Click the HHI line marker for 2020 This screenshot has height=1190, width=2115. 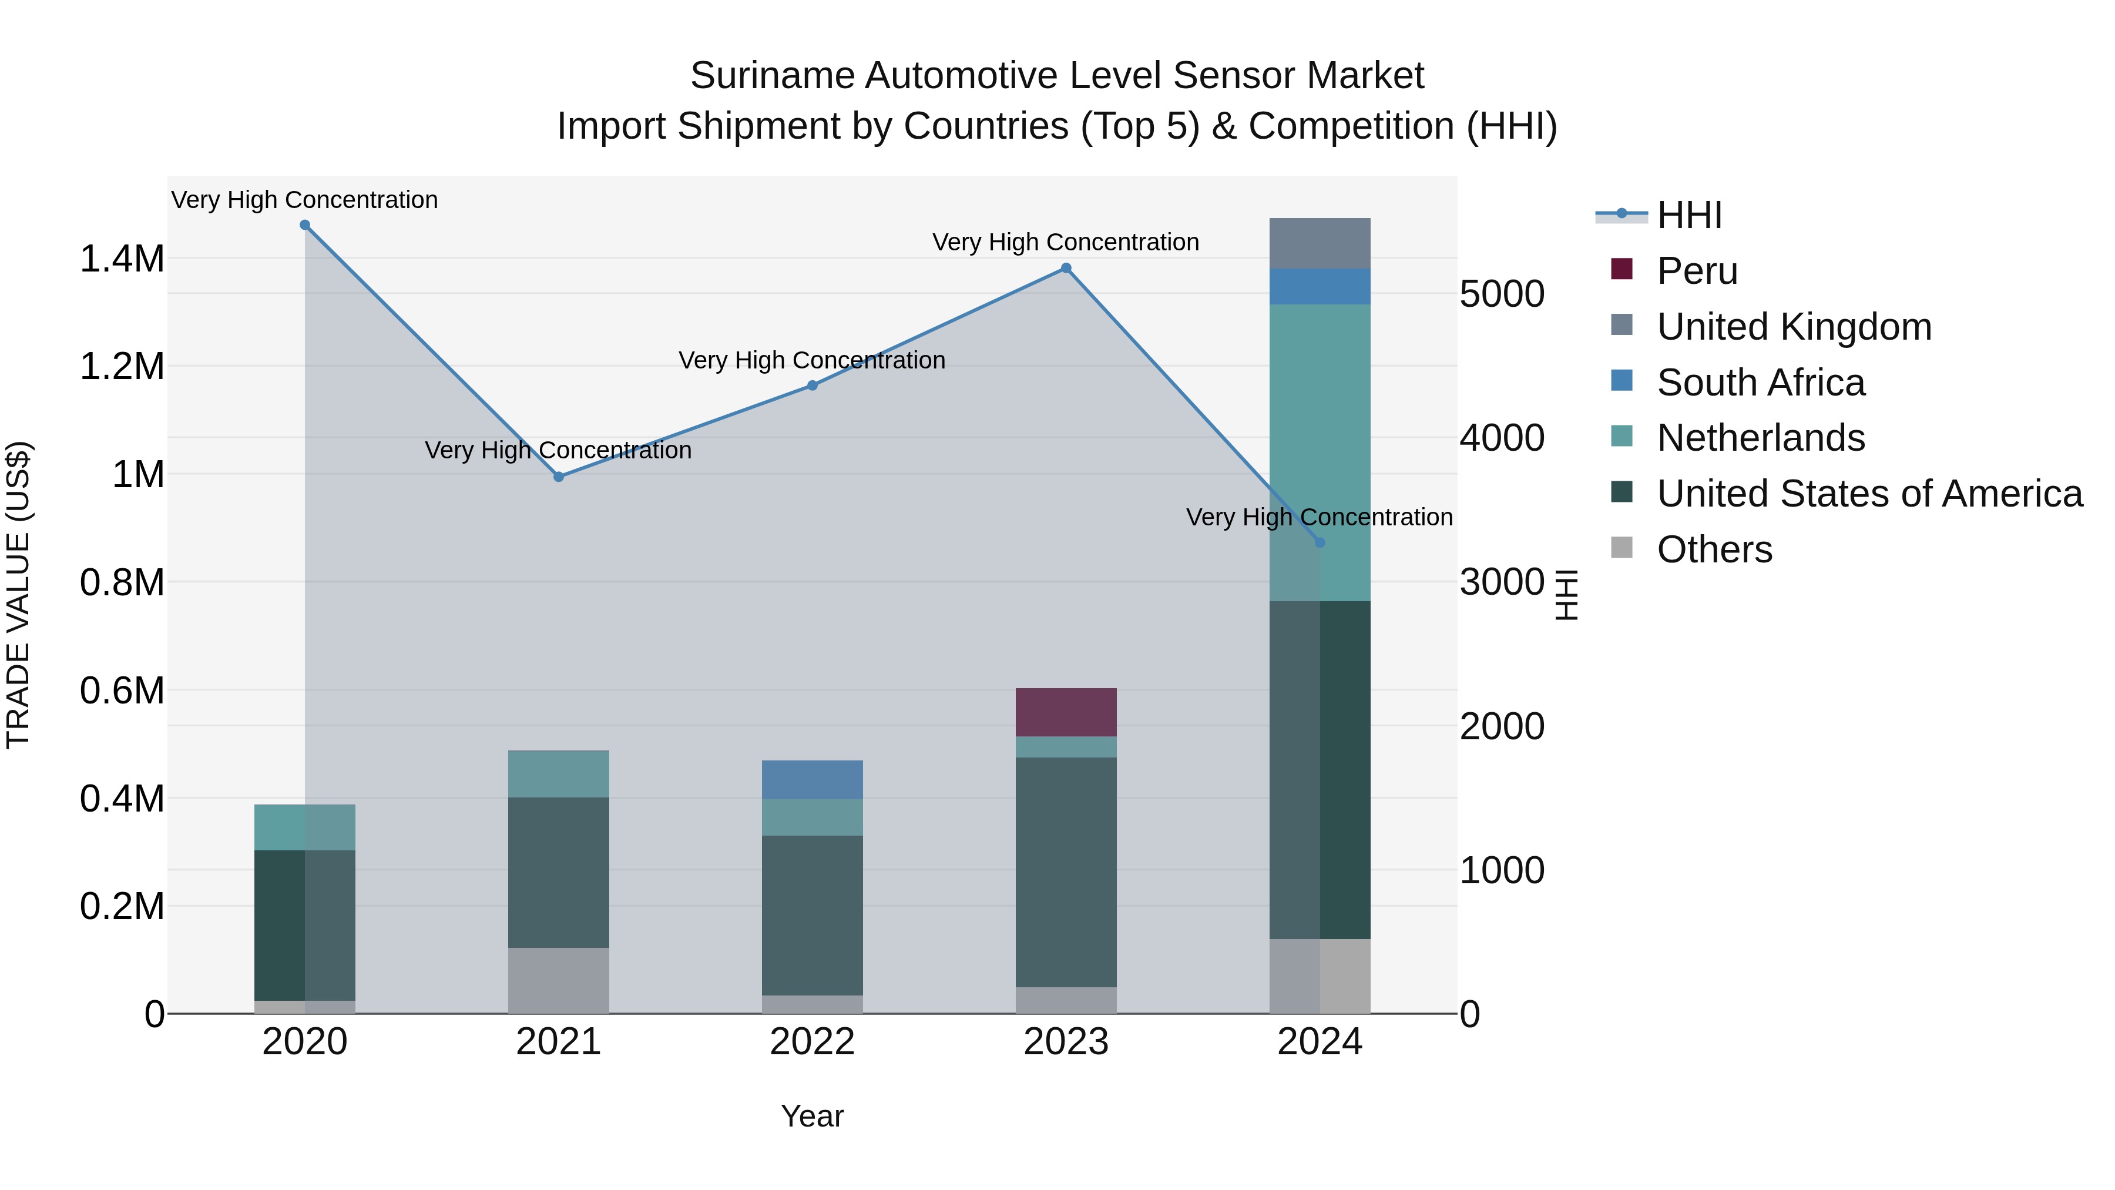tap(304, 225)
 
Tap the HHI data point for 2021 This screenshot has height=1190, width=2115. tap(558, 477)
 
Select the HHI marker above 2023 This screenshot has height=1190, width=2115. tap(1066, 268)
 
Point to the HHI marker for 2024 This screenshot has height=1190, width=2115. tap(1320, 543)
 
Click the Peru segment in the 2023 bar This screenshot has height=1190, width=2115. tap(1066, 712)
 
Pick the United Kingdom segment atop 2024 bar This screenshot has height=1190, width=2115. tap(1320, 243)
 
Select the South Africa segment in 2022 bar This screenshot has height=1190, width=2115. tap(812, 779)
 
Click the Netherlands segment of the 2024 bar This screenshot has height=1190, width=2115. tap(1320, 452)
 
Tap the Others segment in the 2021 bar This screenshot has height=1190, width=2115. tap(558, 981)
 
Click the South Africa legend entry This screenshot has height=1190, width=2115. tap(1760, 383)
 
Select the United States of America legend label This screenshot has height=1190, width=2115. tap(1869, 494)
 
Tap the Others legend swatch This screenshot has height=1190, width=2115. tap(1621, 548)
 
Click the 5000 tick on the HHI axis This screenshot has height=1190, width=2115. tap(1502, 294)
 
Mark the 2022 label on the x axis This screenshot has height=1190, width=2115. tap(812, 1041)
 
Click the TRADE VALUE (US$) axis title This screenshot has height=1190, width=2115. tap(18, 595)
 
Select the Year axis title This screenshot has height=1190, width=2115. tap(812, 1116)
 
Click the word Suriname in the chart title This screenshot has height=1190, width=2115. tap(771, 76)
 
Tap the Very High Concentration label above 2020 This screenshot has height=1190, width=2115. tap(304, 200)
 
